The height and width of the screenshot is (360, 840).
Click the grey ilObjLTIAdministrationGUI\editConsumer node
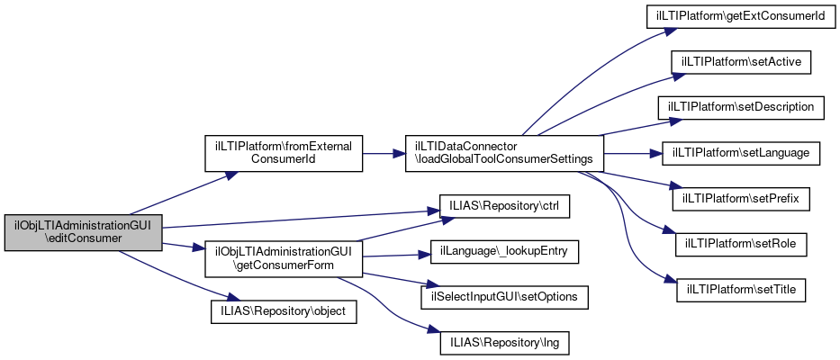83,233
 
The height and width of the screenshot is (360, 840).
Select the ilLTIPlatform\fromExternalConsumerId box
284,152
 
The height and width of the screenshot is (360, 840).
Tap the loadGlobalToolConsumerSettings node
503,152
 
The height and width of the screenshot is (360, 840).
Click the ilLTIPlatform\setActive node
741,62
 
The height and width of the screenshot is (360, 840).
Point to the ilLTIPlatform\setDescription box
741,107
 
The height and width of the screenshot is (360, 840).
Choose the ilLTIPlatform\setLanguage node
741,152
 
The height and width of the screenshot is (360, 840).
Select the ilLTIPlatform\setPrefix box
741,197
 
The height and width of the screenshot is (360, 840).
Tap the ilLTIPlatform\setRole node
741,243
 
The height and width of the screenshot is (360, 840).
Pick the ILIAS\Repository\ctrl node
504,206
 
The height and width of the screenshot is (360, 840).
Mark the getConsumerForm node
284,258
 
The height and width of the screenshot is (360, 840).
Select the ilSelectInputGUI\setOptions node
504,296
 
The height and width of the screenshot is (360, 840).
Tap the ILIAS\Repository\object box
284,311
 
